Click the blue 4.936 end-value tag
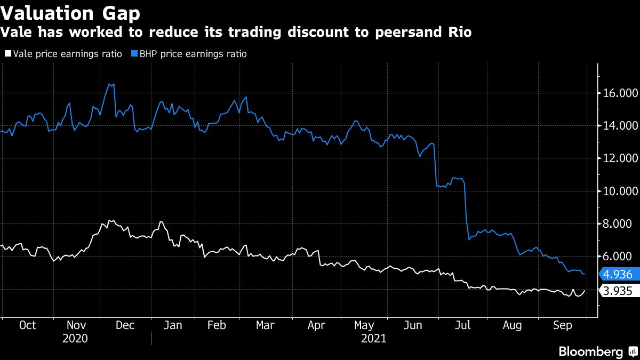click(x=618, y=275)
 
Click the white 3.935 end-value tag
click(x=618, y=291)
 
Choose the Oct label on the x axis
click(x=27, y=325)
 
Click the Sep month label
click(x=562, y=325)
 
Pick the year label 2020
click(x=76, y=338)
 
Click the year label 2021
click(x=373, y=338)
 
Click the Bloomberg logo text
click(x=590, y=351)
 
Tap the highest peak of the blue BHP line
click(x=110, y=84)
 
